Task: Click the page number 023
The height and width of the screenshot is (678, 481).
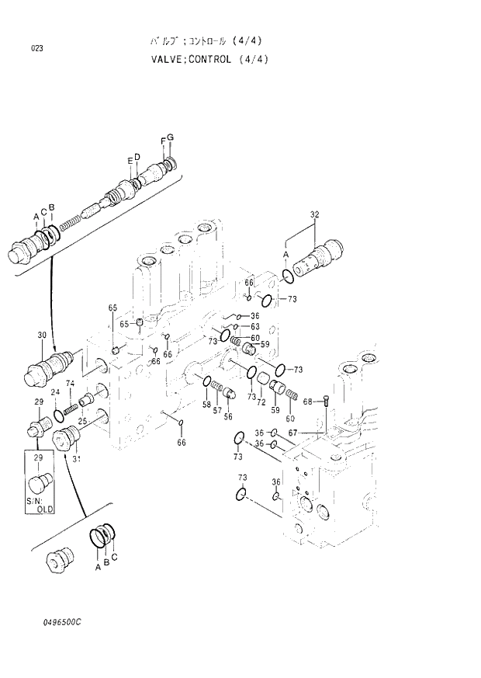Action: pos(37,49)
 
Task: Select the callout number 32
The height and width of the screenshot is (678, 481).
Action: pos(314,215)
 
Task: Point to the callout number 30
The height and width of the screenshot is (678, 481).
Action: pos(42,335)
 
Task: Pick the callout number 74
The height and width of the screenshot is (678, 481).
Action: pos(70,383)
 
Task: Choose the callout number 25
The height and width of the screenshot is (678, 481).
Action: pos(81,421)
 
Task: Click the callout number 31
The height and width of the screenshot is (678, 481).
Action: pos(77,458)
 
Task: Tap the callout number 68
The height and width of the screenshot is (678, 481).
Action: pos(307,402)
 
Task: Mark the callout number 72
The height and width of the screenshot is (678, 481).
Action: pos(262,402)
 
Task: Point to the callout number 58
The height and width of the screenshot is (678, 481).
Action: pos(206,404)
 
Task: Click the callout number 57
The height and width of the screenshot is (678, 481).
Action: pos(217,410)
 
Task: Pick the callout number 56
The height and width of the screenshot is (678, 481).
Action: pos(228,416)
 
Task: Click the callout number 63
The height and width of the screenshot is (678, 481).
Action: pos(254,326)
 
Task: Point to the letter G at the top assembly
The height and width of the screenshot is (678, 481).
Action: pos(170,137)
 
